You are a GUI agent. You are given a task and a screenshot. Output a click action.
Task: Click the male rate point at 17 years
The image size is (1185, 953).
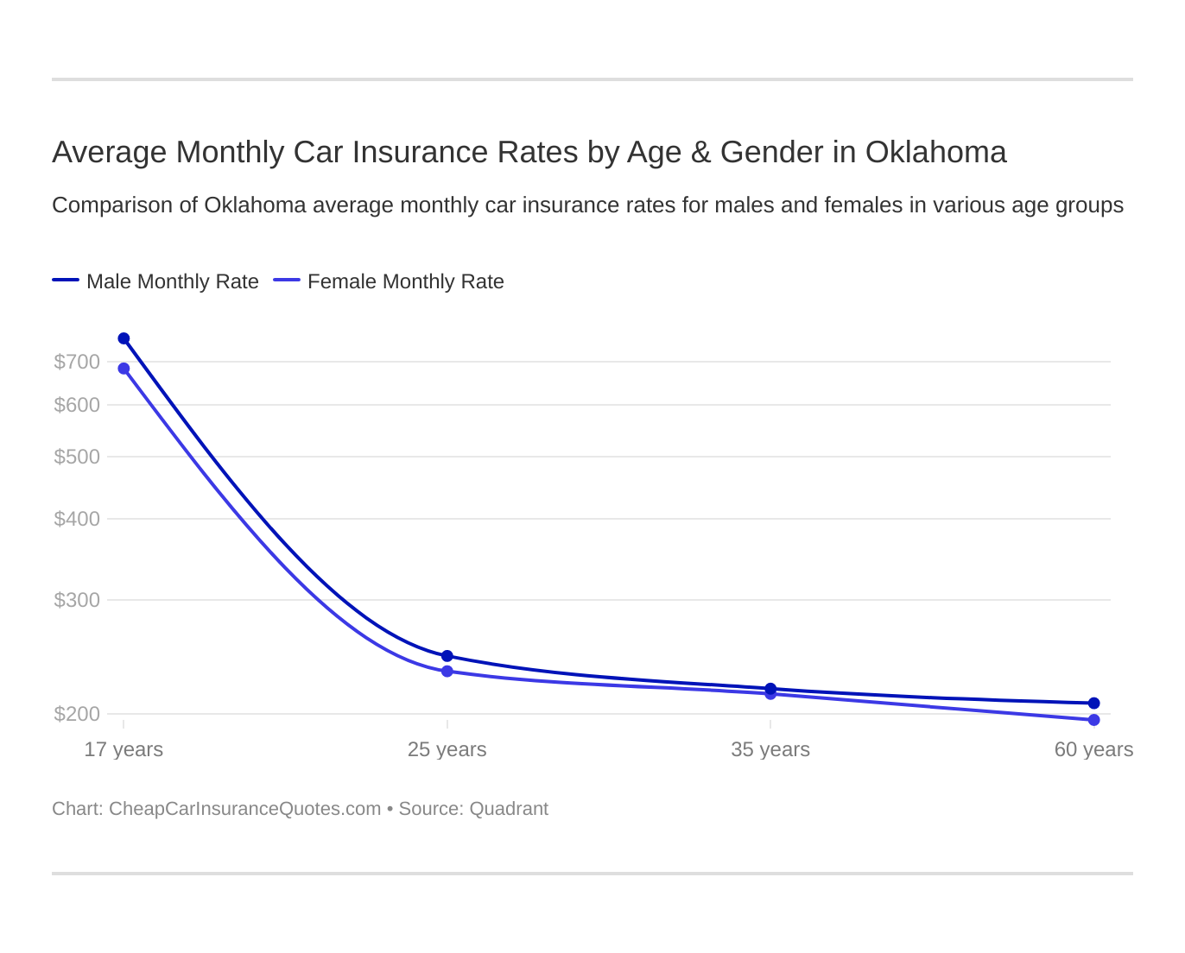click(x=124, y=338)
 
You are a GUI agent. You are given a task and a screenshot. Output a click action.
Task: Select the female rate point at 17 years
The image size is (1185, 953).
click(x=124, y=369)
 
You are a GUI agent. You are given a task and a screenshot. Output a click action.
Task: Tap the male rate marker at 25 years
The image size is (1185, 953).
click(x=447, y=656)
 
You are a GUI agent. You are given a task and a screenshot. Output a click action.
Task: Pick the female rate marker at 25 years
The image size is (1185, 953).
click(x=447, y=672)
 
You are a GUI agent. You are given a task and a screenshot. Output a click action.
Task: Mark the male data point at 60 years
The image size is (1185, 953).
click(x=1094, y=704)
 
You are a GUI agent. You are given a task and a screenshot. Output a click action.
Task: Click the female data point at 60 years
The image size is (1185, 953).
click(x=1094, y=720)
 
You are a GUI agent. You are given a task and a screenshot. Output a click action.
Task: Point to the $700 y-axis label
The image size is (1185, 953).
click(x=77, y=362)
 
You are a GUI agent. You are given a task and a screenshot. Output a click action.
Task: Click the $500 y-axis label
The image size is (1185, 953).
click(x=77, y=457)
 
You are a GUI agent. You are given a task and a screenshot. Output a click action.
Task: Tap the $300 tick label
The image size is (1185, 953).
click(x=77, y=600)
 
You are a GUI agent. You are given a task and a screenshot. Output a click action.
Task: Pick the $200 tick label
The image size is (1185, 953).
click(x=77, y=714)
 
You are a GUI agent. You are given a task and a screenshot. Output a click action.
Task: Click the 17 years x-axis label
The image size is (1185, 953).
click(x=124, y=749)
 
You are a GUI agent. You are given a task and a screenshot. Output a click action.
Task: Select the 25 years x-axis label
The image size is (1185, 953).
click(x=447, y=749)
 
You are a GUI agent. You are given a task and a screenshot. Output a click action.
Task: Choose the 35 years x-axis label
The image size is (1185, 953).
click(x=770, y=749)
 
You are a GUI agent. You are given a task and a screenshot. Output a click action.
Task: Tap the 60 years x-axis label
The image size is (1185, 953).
click(x=1093, y=749)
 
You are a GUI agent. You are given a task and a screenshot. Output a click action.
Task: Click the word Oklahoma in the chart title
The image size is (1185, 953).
click(x=935, y=152)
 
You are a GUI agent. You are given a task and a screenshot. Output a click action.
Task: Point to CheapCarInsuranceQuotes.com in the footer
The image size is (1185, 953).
click(x=244, y=809)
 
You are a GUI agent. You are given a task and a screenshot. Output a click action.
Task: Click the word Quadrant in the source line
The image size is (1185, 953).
click(x=509, y=809)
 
